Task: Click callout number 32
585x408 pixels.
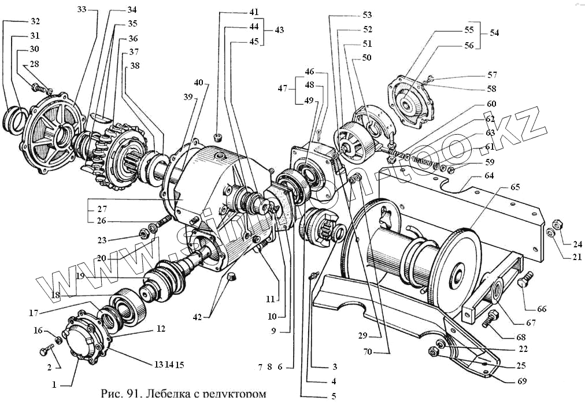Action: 35,21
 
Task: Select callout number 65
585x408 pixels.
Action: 515,188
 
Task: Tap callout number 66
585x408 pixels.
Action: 541,309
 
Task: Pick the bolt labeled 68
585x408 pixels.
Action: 492,316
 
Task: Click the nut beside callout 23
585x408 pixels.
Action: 142,233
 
